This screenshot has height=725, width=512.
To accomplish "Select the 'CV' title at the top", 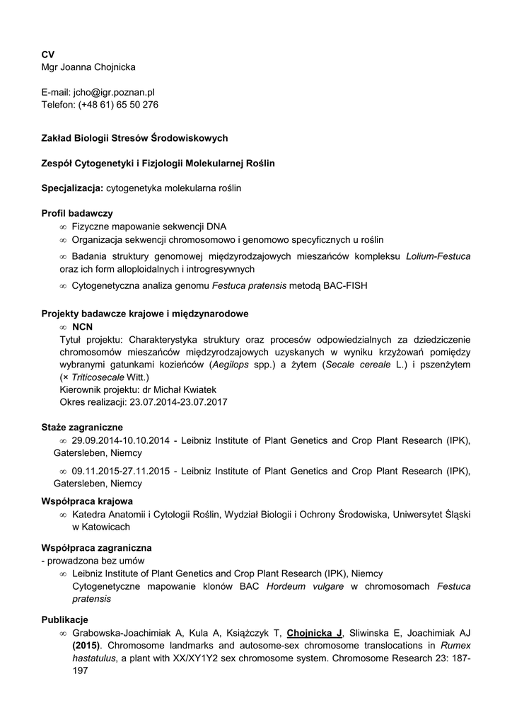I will point(47,55).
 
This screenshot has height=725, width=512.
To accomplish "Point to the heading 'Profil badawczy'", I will point(77,213).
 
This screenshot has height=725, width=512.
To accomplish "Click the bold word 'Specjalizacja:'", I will point(73,188).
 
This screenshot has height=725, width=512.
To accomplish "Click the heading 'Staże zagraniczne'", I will point(82,428).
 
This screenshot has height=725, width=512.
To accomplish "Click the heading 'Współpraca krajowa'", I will point(87,501).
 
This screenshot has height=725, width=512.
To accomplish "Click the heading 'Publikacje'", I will point(64,620).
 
